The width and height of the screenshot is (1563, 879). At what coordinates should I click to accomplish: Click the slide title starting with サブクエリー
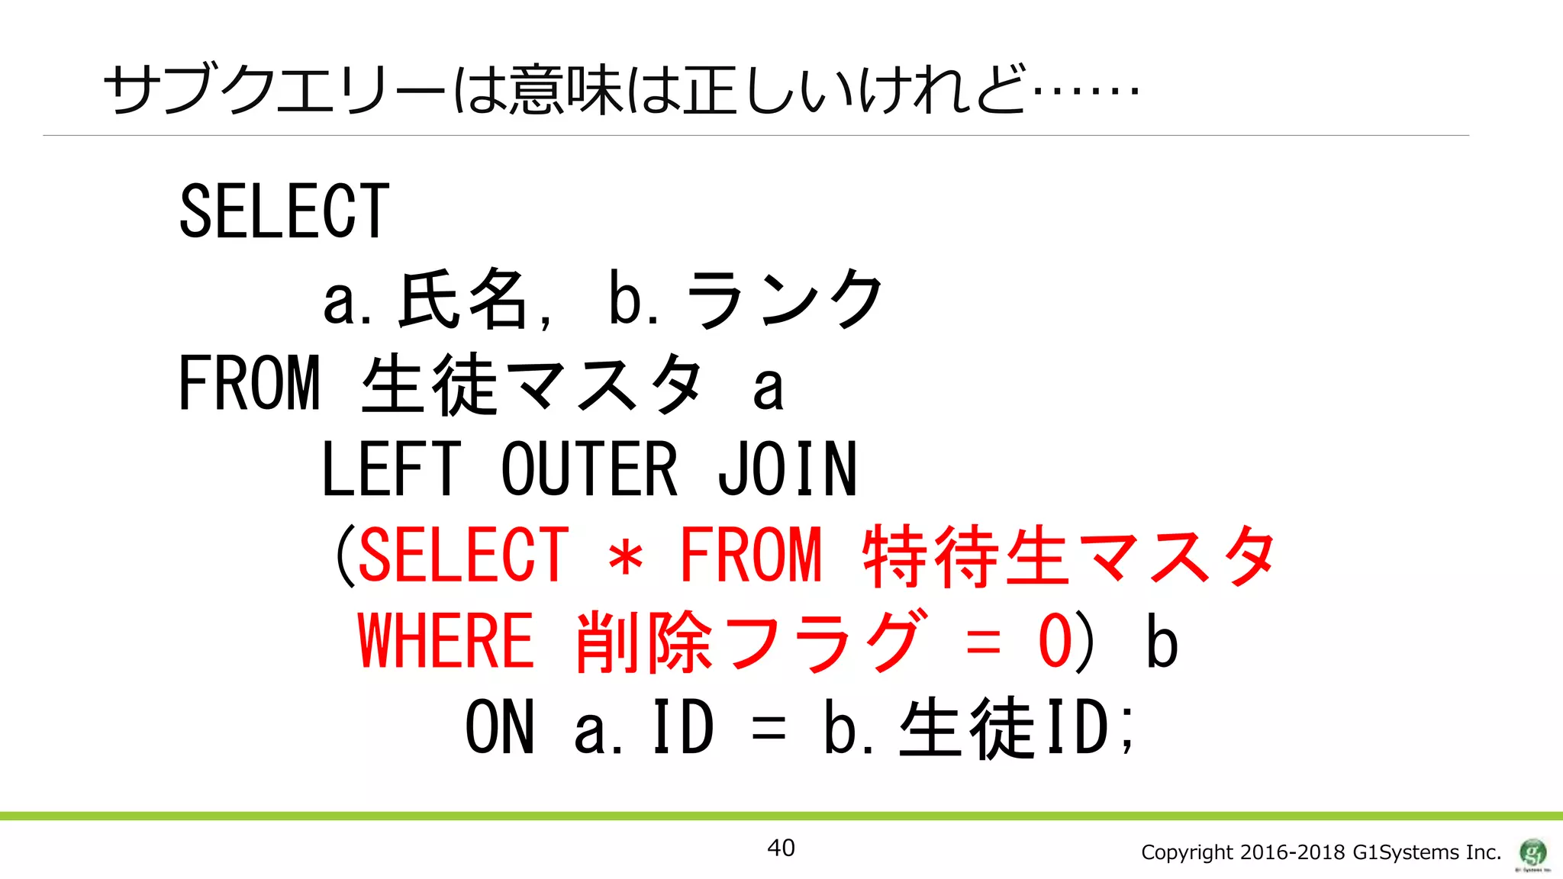click(620, 90)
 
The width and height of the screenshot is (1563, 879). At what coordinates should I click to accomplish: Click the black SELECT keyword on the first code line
click(284, 211)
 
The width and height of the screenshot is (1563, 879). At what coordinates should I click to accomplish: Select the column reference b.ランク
click(745, 299)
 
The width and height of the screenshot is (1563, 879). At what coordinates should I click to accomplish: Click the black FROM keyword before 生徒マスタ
click(249, 384)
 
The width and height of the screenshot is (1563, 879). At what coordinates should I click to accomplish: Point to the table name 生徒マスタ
click(531, 384)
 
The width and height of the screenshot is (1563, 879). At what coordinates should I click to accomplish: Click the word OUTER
click(588, 470)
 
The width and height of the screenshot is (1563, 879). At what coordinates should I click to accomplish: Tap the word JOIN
click(787, 470)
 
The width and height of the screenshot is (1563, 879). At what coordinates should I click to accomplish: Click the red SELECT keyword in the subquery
click(463, 555)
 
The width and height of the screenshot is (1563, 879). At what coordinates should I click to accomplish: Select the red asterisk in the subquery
click(626, 558)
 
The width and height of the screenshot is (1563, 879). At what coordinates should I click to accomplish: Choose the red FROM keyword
click(751, 555)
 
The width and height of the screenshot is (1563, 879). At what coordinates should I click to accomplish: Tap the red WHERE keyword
click(446, 641)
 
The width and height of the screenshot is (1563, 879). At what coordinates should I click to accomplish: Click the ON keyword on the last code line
click(500, 728)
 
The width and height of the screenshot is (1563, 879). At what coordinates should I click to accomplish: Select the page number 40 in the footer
click(781, 848)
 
